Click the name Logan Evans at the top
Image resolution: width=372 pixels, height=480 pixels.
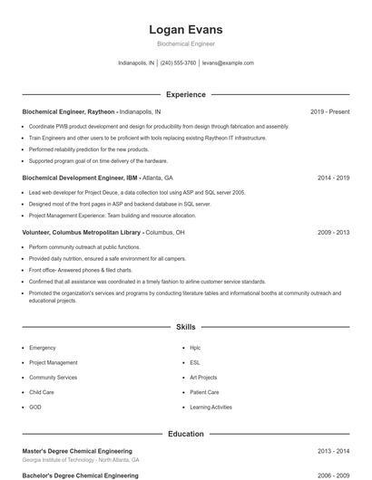coord(185,30)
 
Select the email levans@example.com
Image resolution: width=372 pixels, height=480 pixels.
coord(228,63)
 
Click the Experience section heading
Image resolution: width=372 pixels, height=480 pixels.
coord(185,94)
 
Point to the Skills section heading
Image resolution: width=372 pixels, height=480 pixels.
coord(185,326)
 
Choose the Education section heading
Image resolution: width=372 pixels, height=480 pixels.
coord(185,434)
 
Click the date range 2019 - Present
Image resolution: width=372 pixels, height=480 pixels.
coord(329,111)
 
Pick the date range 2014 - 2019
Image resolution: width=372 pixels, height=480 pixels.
coord(333,178)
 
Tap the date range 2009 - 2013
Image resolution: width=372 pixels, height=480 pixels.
coord(333,233)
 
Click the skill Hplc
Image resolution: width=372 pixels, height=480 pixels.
coord(196,348)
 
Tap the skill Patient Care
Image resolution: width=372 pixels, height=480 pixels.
coord(204,392)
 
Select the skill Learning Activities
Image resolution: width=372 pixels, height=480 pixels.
coord(210,408)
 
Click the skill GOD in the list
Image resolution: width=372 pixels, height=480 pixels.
coord(35,408)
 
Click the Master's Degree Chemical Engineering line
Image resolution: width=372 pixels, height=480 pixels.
coord(77,451)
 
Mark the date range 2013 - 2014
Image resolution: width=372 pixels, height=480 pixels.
coord(333,451)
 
